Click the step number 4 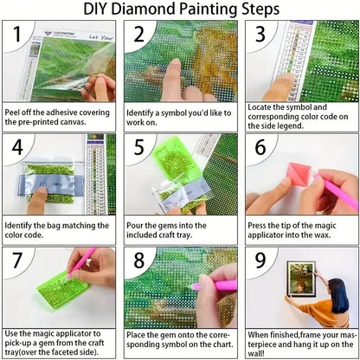point(16,148)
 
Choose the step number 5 point(138,148)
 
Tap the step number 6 point(258,148)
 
